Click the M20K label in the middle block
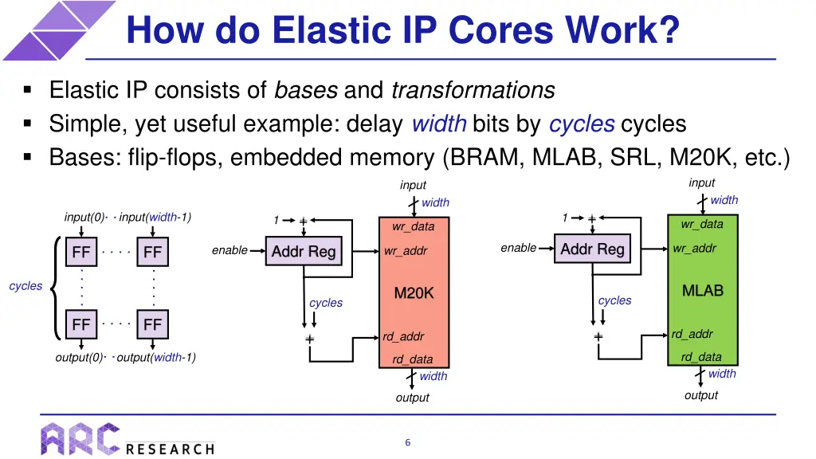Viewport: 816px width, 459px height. (414, 293)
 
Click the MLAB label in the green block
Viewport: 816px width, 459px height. (702, 291)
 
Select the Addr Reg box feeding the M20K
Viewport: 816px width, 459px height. (304, 251)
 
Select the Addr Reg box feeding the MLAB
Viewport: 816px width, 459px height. (592, 249)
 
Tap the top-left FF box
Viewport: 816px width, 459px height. (81, 253)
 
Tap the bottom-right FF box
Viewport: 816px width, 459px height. (152, 324)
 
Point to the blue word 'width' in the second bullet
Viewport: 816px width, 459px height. (438, 124)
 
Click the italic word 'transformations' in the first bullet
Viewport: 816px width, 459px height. (473, 91)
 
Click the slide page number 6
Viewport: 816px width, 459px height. (407, 442)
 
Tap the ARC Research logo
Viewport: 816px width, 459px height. (127, 439)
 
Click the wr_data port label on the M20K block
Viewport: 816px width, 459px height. (413, 226)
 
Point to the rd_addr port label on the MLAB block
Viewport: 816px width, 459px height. (692, 334)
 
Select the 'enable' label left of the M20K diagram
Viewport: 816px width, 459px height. (229, 250)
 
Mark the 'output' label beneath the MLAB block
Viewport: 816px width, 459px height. (700, 395)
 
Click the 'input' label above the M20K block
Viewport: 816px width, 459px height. (413, 185)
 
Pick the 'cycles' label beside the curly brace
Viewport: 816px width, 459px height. (25, 286)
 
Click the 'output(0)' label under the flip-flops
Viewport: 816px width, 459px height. (79, 357)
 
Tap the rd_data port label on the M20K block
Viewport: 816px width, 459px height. (412, 359)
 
